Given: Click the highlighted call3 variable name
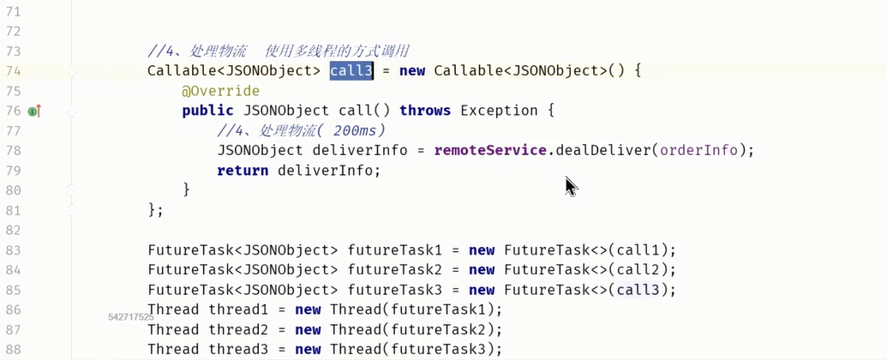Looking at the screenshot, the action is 351,71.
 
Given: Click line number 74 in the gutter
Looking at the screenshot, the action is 13,71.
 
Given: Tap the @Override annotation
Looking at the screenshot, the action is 220,91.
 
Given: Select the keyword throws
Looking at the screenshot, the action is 425,111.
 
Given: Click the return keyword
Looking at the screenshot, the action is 243,171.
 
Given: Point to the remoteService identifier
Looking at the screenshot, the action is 490,151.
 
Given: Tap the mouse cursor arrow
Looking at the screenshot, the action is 571,186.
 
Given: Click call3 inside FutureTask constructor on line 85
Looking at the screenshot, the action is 638,290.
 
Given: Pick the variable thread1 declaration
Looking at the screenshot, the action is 234,310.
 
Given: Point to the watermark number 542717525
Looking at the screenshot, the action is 131,317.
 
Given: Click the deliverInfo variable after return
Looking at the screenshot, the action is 333,171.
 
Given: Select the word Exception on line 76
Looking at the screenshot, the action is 500,111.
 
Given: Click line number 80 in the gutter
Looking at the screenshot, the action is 13,190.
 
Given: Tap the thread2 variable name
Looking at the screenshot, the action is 234,330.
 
